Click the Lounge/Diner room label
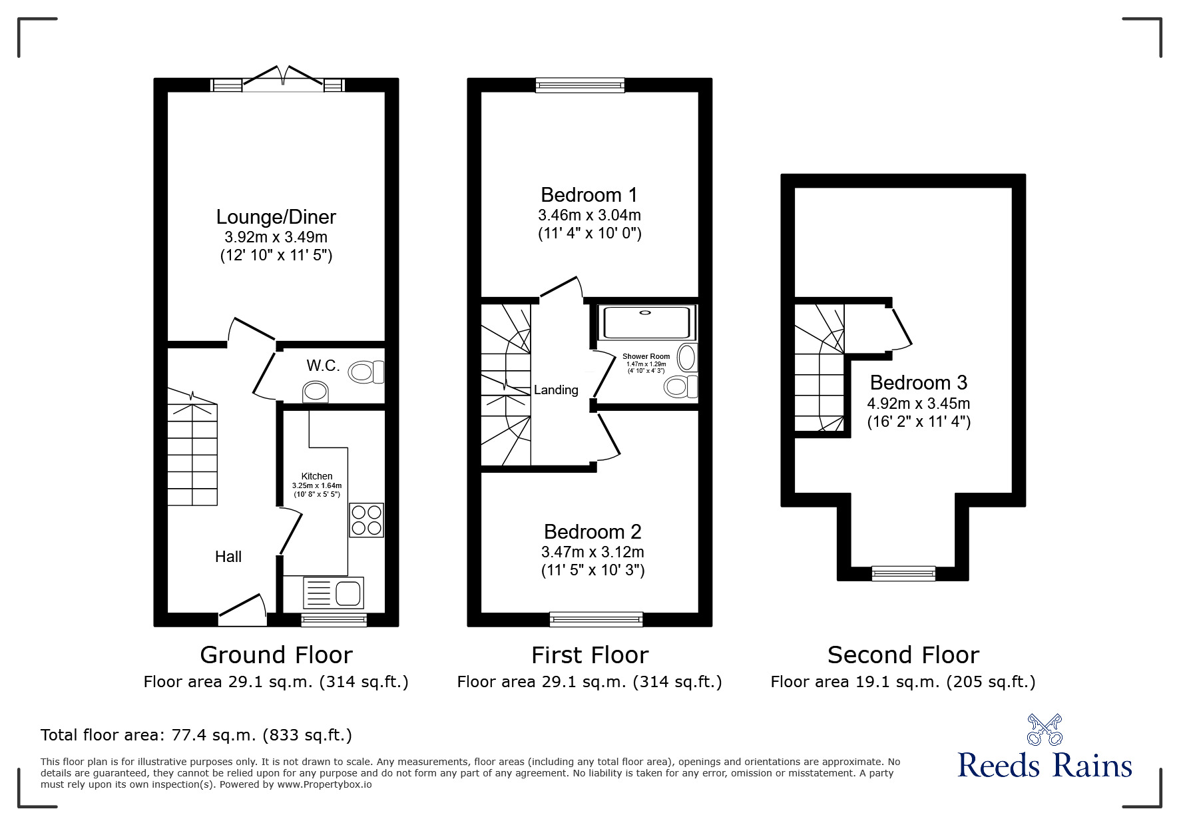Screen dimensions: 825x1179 (x=276, y=217)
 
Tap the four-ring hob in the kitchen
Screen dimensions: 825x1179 (x=367, y=520)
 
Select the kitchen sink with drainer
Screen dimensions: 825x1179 (x=334, y=592)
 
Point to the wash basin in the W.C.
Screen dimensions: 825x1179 (x=316, y=392)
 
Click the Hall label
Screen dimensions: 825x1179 (x=228, y=557)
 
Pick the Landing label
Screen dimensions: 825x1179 (x=556, y=390)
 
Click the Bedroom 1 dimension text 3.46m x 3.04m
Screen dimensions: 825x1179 (x=589, y=215)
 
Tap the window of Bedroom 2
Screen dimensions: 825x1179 (x=596, y=619)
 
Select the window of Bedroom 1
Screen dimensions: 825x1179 (x=580, y=85)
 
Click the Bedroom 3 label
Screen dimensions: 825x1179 (x=918, y=383)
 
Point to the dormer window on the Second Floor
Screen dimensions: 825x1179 (x=903, y=573)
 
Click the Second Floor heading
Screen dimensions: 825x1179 (x=903, y=655)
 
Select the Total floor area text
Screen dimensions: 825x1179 (x=196, y=735)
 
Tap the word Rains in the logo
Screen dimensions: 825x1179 (x=1092, y=765)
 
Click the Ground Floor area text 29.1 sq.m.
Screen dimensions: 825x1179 (x=276, y=682)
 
